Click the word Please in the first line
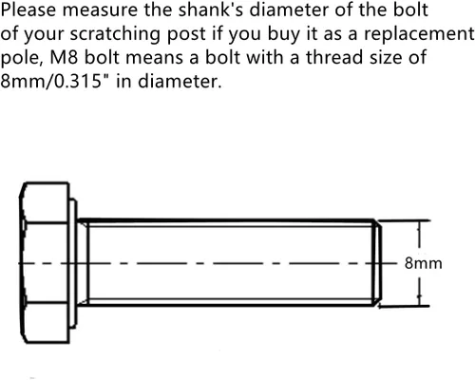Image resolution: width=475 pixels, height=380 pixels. click(x=28, y=9)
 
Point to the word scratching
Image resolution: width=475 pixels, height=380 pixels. click(x=115, y=34)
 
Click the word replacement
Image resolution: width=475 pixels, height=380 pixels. click(x=419, y=34)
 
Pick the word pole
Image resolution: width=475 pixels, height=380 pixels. click(x=23, y=58)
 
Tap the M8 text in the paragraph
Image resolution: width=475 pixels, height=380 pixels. click(x=64, y=57)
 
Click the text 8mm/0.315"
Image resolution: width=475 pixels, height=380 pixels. click(x=55, y=81)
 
